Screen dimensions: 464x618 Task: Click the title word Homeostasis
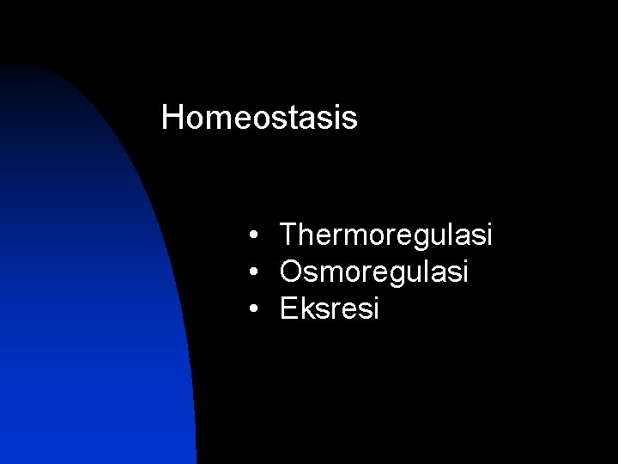[259, 119]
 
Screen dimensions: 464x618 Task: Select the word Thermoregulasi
[386, 235]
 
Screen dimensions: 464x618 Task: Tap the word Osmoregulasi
[374, 272]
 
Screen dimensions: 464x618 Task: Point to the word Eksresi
[330, 308]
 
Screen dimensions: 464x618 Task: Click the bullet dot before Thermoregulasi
[256, 235]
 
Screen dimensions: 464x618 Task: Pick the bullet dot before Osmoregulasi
[256, 272]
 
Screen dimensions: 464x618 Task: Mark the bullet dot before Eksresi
[256, 309]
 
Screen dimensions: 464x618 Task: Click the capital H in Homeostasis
[172, 119]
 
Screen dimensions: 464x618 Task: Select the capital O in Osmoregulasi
[292, 272]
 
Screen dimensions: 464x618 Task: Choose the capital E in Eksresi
[289, 308]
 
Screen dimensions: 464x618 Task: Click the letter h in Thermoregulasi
[307, 235]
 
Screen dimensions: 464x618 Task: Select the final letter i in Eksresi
[374, 308]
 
